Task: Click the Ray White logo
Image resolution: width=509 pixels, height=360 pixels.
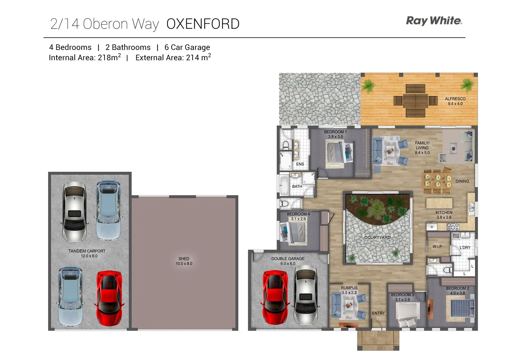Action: point(434,21)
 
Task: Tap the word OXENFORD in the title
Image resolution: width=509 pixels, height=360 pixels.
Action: point(203,24)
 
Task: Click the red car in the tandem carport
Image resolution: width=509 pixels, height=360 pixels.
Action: point(109,298)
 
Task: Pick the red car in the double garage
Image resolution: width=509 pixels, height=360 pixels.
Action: point(275,297)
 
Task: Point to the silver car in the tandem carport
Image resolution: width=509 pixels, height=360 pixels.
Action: point(75,211)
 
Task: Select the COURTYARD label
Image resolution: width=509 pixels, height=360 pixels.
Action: point(377,237)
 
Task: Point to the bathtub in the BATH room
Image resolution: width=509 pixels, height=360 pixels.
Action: point(284,185)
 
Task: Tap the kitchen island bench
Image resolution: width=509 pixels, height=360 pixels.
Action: point(439,203)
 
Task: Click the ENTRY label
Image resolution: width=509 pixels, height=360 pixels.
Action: point(378,313)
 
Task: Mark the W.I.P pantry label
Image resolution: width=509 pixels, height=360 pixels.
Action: point(437,246)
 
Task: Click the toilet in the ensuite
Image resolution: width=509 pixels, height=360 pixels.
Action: point(286,145)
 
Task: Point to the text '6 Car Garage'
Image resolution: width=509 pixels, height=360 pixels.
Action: point(187,47)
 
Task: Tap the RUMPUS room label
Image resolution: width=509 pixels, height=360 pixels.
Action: point(349,288)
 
